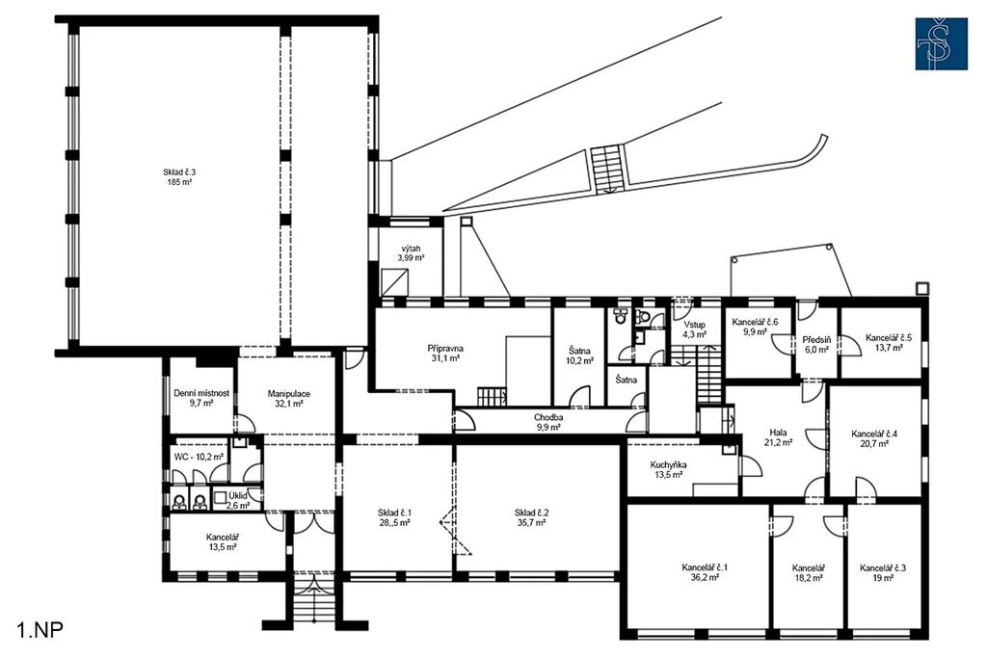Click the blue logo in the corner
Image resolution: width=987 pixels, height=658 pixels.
[941, 43]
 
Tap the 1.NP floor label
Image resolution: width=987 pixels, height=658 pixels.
[40, 630]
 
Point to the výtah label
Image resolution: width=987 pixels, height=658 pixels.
[411, 249]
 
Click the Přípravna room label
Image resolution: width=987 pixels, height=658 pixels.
[445, 348]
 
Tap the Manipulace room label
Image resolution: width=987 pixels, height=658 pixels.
[289, 394]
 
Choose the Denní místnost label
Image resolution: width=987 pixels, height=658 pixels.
[201, 393]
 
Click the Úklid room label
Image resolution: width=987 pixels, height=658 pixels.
[237, 495]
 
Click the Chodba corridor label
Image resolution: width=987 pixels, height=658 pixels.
[548, 417]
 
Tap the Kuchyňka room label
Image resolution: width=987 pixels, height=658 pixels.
[669, 465]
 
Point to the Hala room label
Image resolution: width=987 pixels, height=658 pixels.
[778, 433]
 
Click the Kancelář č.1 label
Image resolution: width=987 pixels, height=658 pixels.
[705, 567]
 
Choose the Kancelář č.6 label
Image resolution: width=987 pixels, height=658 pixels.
[755, 322]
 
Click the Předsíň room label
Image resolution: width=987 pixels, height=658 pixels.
[816, 340]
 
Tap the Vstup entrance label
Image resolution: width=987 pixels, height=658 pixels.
[694, 325]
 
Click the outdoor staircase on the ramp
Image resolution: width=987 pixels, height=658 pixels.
[607, 169]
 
